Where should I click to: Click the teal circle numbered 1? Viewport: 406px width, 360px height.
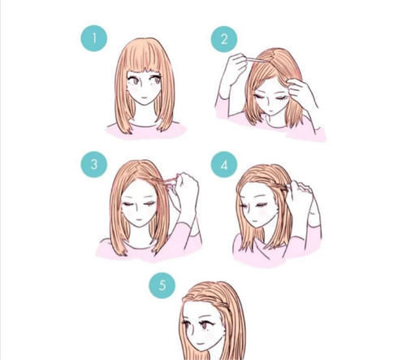pyautogui.click(x=94, y=38)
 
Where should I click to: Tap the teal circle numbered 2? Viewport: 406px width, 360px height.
pyautogui.click(x=224, y=39)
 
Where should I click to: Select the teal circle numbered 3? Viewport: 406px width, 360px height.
pyautogui.click(x=94, y=164)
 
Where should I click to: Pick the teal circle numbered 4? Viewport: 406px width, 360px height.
pyautogui.click(x=224, y=164)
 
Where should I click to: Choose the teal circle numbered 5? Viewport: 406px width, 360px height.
pyautogui.click(x=162, y=285)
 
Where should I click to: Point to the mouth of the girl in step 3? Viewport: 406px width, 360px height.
pyautogui.click(x=139, y=219)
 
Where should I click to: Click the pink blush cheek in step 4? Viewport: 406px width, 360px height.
pyautogui.click(x=262, y=211)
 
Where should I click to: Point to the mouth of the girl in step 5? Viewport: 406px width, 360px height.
pyautogui.click(x=201, y=344)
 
